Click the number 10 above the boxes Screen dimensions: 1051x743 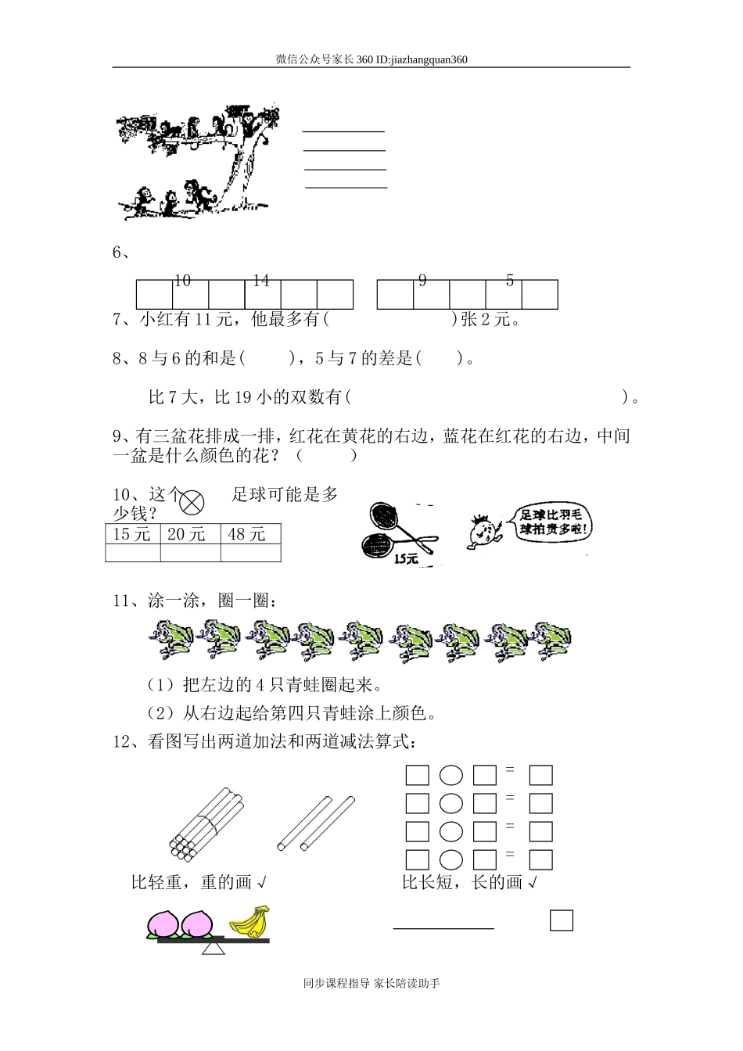(182, 281)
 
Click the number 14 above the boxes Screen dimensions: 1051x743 (261, 281)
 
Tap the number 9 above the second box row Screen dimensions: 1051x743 (422, 281)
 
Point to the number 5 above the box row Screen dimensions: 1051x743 (510, 281)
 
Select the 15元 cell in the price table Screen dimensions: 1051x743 (132, 534)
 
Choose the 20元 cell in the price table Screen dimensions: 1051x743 (189, 534)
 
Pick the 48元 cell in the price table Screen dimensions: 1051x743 (248, 534)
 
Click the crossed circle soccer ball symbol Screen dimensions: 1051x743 (192, 501)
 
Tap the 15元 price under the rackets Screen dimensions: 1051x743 (406, 559)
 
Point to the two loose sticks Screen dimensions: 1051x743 (316, 823)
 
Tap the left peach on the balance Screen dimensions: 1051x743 (164, 923)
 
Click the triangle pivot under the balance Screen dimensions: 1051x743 (214, 949)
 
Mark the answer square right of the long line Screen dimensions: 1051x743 (561, 920)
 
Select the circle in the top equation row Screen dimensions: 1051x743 (451, 776)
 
